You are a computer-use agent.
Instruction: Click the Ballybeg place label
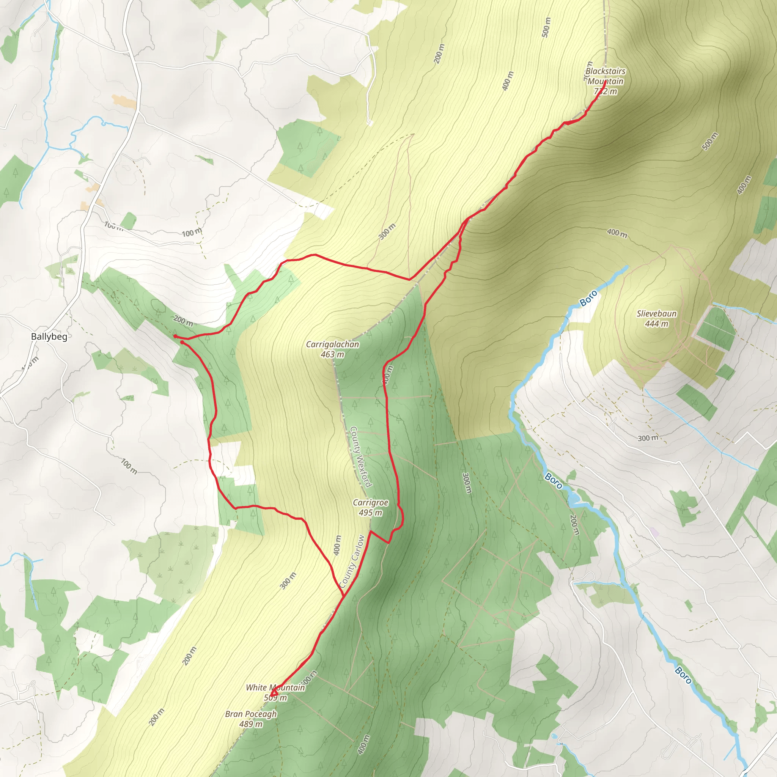(x=49, y=337)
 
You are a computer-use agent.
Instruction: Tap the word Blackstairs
(x=605, y=71)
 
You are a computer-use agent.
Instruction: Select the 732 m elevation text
(x=605, y=91)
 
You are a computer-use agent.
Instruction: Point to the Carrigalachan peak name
(x=332, y=344)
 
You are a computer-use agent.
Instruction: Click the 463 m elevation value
(x=332, y=354)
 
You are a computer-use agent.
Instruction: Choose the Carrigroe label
(x=370, y=503)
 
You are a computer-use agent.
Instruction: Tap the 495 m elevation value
(x=370, y=513)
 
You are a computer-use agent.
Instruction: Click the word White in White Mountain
(x=256, y=688)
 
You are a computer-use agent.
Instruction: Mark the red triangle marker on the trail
(x=274, y=693)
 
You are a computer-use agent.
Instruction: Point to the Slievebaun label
(x=656, y=314)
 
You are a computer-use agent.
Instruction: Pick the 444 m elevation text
(x=656, y=324)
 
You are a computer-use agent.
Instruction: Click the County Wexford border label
(x=360, y=456)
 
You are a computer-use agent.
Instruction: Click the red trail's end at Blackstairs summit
(x=605, y=82)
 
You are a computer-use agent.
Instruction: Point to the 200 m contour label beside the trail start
(x=183, y=321)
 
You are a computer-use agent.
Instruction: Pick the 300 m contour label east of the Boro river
(x=648, y=438)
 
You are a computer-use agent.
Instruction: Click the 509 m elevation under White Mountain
(x=275, y=697)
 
